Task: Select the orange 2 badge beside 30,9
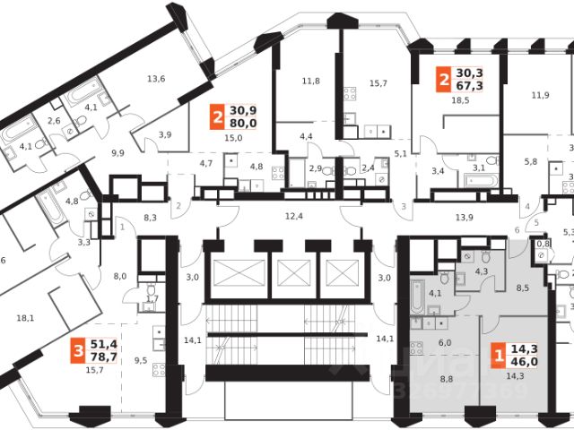coord(216,115)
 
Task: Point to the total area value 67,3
coord(468,89)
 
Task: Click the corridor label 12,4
coord(293,215)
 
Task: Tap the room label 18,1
coord(26,317)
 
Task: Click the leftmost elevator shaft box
coord(237,273)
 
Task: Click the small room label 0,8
coord(542,243)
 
